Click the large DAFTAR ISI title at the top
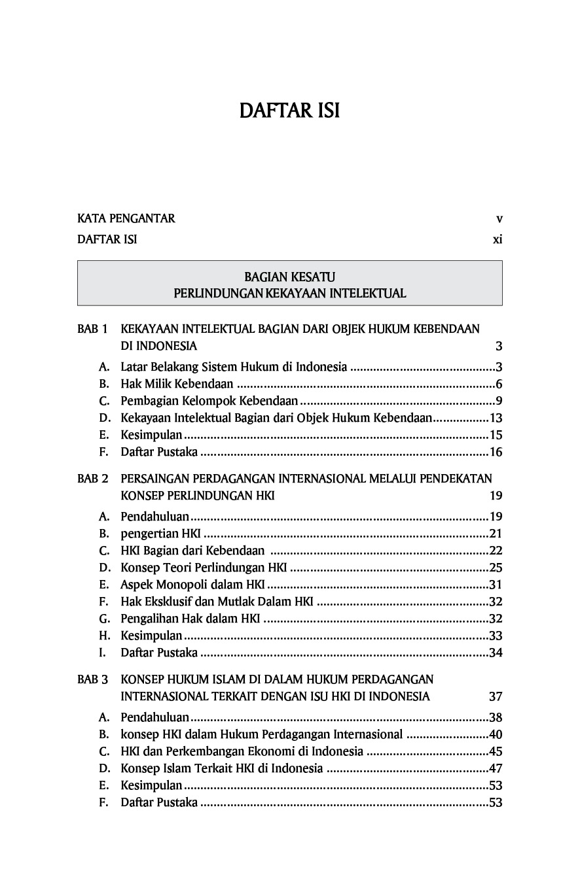coord(289,111)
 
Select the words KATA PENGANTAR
coord(126,218)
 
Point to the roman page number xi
coord(498,239)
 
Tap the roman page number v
coord(499,218)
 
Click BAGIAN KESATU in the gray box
coord(289,277)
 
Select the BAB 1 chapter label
coord(92,328)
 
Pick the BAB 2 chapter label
coord(92,479)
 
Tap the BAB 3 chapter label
coord(92,679)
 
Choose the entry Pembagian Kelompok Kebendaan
coord(209,401)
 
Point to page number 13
coord(496,418)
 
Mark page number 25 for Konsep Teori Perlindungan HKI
coord(496,568)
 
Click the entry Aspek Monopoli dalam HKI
coord(192,585)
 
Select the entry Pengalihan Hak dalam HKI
coord(190,619)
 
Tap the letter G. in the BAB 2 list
coord(105,619)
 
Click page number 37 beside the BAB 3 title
coord(496,696)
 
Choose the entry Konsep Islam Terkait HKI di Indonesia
coord(221,768)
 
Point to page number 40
coord(496,734)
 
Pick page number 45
coord(496,751)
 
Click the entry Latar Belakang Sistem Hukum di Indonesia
coord(234,367)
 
